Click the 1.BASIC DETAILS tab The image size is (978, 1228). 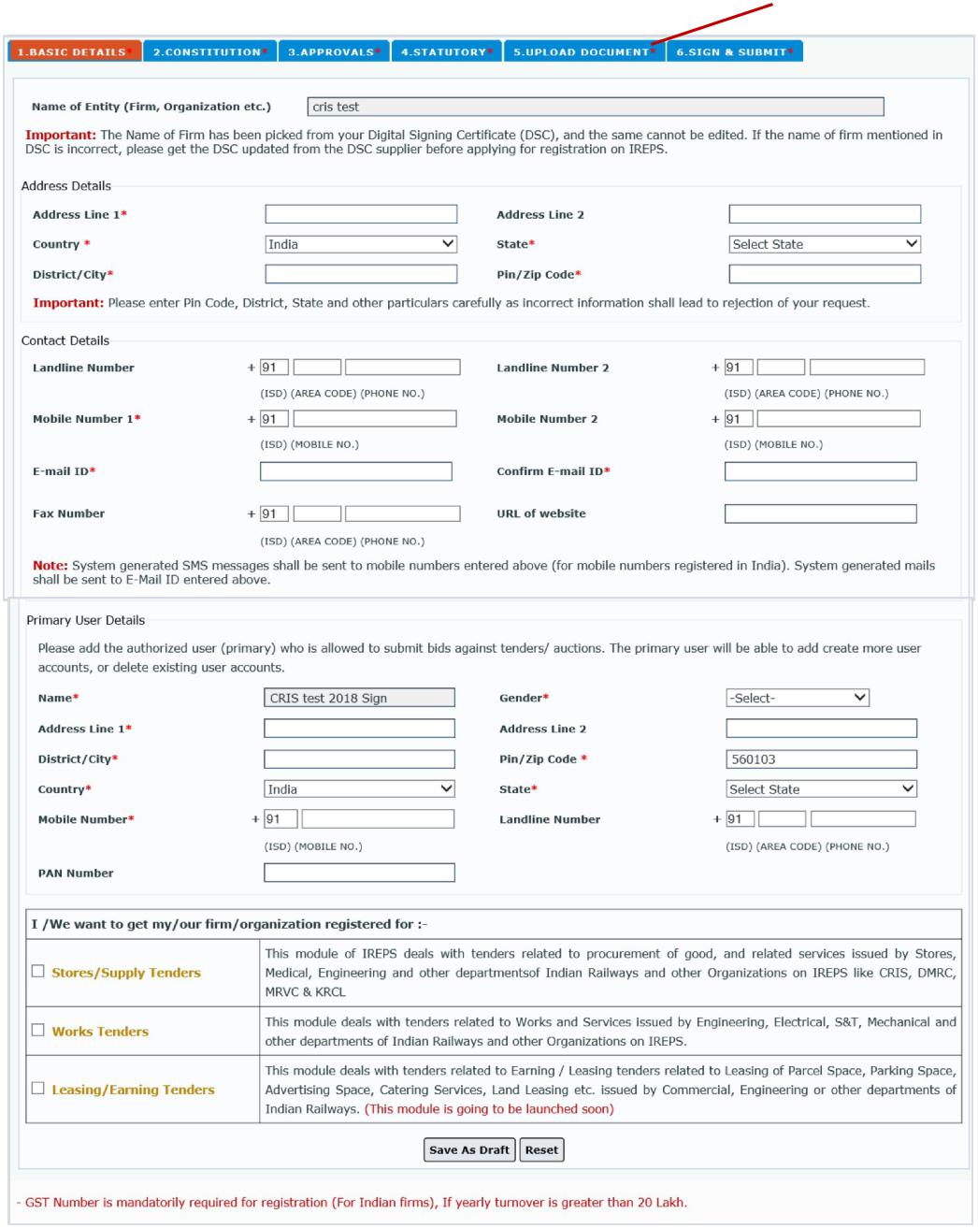pyautogui.click(x=74, y=51)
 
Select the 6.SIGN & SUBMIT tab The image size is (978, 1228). pyautogui.click(x=734, y=51)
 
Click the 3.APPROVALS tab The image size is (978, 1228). pyautogui.click(x=334, y=51)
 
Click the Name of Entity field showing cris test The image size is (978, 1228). pyautogui.click(x=595, y=108)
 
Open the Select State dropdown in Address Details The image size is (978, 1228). pyautogui.click(x=825, y=244)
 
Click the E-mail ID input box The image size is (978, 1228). pyautogui.click(x=355, y=471)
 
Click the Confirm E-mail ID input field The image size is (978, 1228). pyautogui.click(x=820, y=471)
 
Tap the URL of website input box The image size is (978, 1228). pyautogui.click(x=820, y=513)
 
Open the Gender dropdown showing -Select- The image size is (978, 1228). pyautogui.click(x=798, y=698)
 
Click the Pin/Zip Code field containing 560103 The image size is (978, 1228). pyautogui.click(x=821, y=759)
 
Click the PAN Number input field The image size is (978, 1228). pyautogui.click(x=359, y=873)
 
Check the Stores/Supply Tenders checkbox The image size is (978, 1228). pyautogui.click(x=38, y=972)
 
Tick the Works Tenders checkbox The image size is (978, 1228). pyautogui.click(x=38, y=1031)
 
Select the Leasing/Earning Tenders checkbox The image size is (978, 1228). pyautogui.click(x=38, y=1089)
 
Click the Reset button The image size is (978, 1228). pyautogui.click(x=541, y=1150)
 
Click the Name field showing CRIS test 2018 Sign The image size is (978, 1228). pyautogui.click(x=359, y=698)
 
